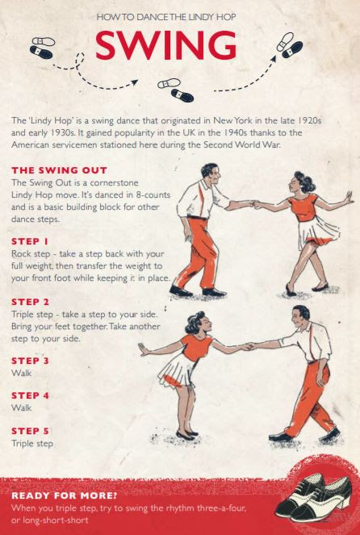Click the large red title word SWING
point(166,45)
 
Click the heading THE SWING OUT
point(60,170)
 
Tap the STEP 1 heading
point(30,241)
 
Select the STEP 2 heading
point(30,302)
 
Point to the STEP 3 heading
point(30,361)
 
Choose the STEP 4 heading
point(30,395)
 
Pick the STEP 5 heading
point(30,431)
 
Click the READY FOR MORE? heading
point(64,495)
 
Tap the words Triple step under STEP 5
point(32,444)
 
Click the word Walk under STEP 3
point(21,373)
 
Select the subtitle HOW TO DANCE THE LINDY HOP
point(166,17)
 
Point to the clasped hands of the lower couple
point(248,347)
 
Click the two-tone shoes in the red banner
point(313,494)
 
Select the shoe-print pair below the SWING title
point(176,90)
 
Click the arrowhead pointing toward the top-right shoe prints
point(274,59)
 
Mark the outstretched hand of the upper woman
point(348,198)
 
